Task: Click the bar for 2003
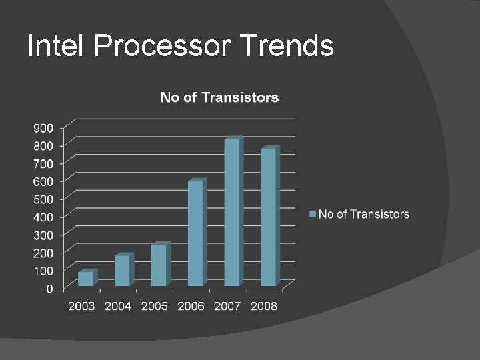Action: click(86, 279)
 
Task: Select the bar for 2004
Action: click(123, 270)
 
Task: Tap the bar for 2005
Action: click(159, 265)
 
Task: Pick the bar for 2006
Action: click(195, 233)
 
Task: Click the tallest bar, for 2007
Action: click(232, 212)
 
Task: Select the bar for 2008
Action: click(268, 217)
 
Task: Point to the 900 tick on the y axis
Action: click(43, 127)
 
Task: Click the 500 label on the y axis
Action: click(43, 199)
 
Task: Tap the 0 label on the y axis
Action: click(50, 289)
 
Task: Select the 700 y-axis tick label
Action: click(43, 163)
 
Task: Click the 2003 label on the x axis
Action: click(81, 306)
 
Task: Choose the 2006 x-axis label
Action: click(191, 306)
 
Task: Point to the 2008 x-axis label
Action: click(264, 306)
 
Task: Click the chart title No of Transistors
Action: click(219, 97)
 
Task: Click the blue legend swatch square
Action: click(312, 214)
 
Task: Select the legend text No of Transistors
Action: click(364, 214)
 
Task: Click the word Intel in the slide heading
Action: click(57, 46)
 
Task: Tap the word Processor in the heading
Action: click(163, 46)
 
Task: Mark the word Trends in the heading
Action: click(287, 46)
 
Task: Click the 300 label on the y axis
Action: click(43, 235)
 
